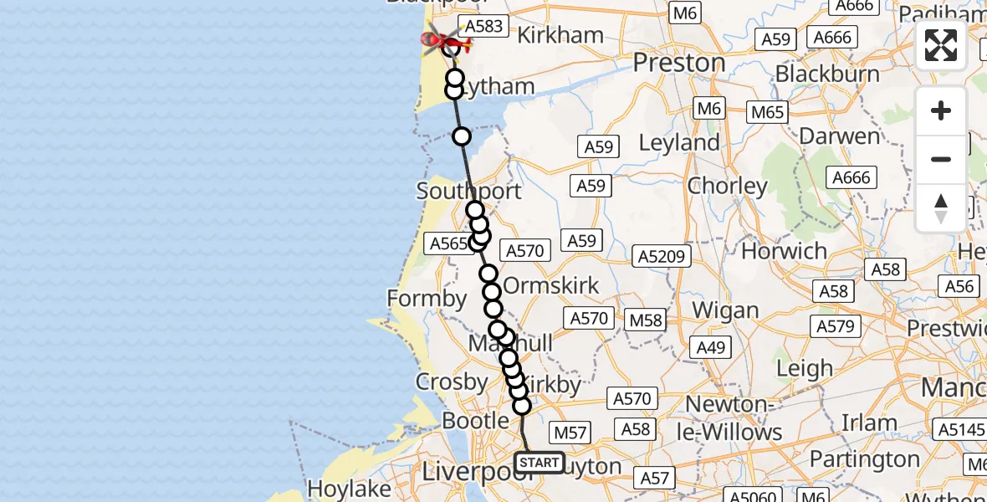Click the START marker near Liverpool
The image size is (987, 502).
(x=540, y=463)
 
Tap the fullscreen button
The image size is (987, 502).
(x=941, y=45)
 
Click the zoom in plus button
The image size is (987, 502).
(x=941, y=111)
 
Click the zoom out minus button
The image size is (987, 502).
(x=941, y=159)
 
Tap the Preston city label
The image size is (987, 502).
(x=678, y=63)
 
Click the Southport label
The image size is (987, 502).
(x=468, y=191)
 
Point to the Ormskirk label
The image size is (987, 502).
(x=552, y=285)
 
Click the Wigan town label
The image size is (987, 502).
(x=724, y=311)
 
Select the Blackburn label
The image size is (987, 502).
(x=827, y=74)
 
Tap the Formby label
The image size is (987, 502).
(x=427, y=299)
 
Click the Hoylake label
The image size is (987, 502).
(x=349, y=488)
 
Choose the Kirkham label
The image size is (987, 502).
(x=560, y=35)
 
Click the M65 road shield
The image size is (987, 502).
(x=767, y=111)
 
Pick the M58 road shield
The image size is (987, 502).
(x=645, y=319)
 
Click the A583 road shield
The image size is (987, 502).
(x=483, y=26)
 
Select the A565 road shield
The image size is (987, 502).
(x=447, y=243)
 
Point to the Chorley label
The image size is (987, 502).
(x=727, y=186)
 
